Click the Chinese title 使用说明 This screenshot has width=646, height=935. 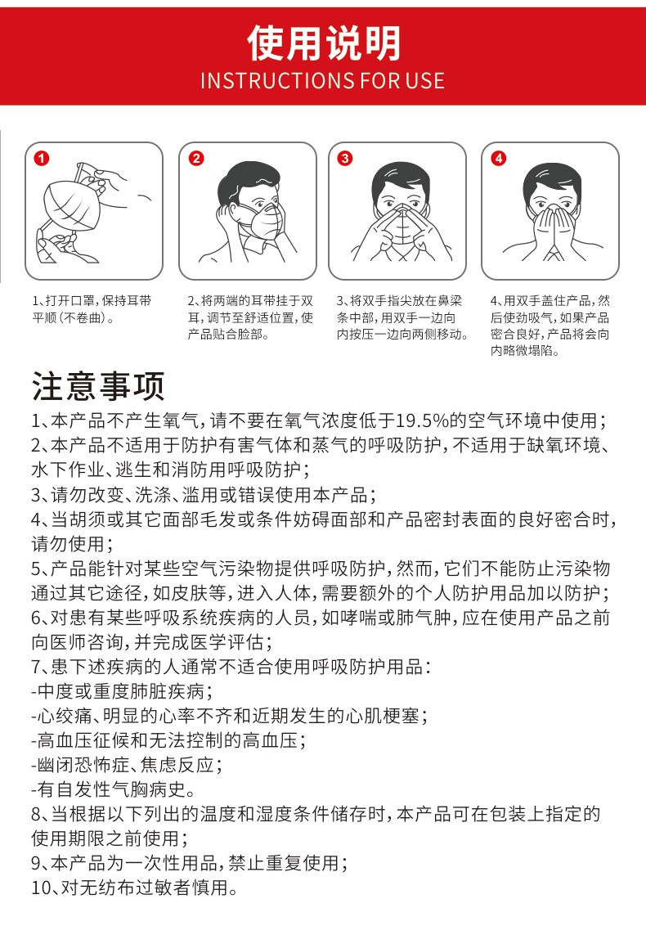324,43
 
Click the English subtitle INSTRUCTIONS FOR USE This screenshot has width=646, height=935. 323,80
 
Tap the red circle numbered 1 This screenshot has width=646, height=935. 41,159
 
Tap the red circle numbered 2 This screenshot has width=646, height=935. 196,159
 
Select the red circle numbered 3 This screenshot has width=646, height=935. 345,159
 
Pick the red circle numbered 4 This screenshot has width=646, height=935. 499,159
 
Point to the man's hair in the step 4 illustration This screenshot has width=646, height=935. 552,179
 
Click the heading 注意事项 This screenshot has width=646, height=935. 98,386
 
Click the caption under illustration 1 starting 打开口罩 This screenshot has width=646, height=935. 92,309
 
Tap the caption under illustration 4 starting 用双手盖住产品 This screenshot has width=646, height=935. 550,326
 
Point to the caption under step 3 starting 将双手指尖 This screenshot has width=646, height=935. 402,317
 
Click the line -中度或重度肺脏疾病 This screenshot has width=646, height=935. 122,691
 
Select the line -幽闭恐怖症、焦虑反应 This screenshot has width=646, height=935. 127,765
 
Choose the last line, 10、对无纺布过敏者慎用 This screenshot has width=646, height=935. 135,888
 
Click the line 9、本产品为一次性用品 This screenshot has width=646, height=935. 190,863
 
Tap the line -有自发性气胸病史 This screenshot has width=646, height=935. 113,789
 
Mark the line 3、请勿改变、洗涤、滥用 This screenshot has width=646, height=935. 204,494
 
